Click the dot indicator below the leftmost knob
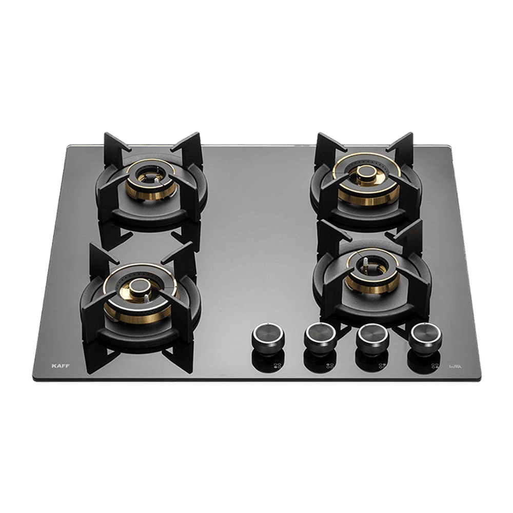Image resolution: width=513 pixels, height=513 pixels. [x=278, y=366]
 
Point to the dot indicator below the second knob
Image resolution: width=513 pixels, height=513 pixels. [x=327, y=366]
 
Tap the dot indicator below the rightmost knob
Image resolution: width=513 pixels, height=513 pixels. [x=434, y=366]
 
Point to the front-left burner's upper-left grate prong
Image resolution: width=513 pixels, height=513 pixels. [x=96, y=254]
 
